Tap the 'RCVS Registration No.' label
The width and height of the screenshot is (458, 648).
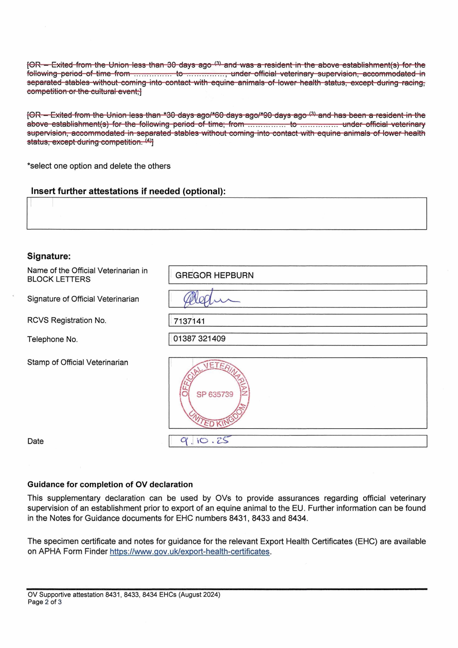[67, 320]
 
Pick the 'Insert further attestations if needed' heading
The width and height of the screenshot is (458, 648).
[128, 191]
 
